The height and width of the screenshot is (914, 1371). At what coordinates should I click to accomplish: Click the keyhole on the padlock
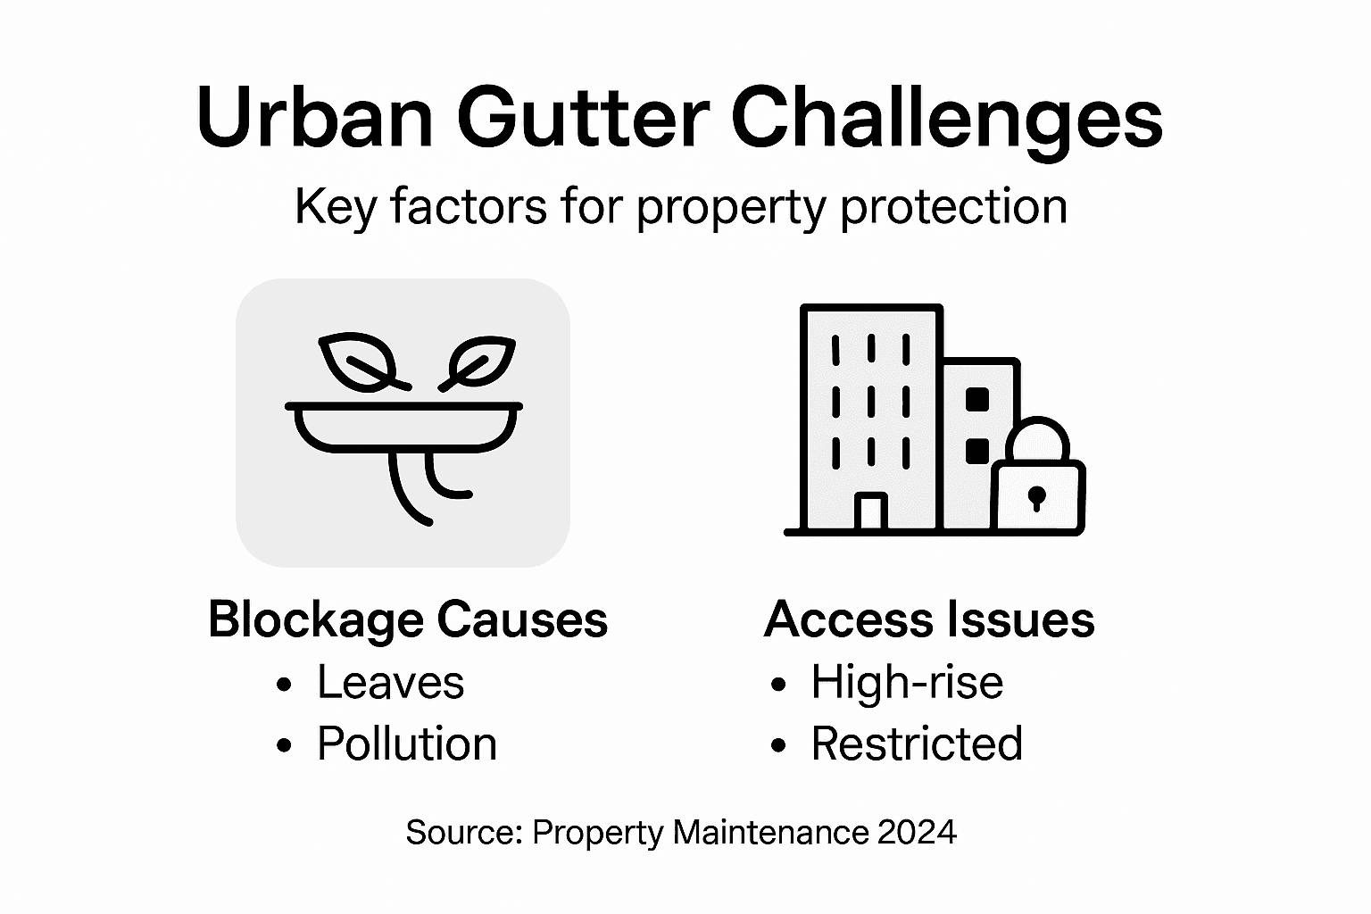(x=1036, y=498)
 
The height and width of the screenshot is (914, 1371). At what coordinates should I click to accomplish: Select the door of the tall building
(x=870, y=512)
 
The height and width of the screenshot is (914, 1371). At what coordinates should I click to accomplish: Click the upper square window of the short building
(x=977, y=400)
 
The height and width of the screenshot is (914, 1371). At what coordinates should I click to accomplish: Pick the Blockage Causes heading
(x=407, y=619)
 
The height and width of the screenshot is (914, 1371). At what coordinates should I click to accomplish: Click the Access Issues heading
(x=929, y=619)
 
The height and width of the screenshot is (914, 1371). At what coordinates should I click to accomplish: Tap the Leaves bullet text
(x=390, y=683)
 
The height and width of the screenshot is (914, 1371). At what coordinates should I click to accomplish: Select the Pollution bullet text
(x=406, y=744)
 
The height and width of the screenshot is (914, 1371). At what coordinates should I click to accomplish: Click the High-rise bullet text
(x=906, y=683)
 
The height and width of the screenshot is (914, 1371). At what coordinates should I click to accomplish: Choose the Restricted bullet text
(x=916, y=744)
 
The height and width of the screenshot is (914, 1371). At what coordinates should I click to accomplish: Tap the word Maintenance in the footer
(x=770, y=832)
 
